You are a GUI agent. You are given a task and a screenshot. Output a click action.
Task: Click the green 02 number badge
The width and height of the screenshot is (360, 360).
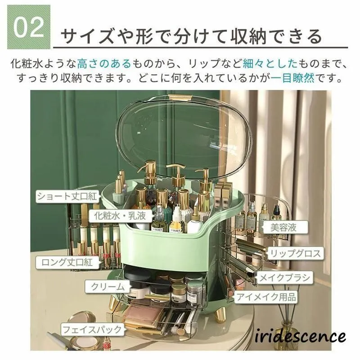pyautogui.click(x=29, y=27)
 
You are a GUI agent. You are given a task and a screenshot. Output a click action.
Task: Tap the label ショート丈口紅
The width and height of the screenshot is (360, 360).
pyautogui.click(x=67, y=196)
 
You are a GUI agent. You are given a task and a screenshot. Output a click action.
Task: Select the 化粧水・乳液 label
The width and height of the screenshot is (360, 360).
pyautogui.click(x=120, y=216)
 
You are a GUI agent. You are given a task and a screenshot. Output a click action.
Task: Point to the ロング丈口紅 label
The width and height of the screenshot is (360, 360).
pyautogui.click(x=67, y=262)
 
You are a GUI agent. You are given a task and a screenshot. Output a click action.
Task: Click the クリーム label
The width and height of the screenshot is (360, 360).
pyautogui.click(x=108, y=287)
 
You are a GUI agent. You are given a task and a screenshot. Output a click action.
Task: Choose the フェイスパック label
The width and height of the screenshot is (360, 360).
pyautogui.click(x=92, y=329)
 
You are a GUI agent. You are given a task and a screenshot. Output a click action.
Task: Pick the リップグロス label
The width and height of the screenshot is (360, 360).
pyautogui.click(x=295, y=253)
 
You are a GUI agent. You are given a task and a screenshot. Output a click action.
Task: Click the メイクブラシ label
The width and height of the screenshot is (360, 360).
pyautogui.click(x=284, y=278)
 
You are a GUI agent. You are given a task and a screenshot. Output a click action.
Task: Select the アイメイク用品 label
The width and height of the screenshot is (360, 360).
pyautogui.click(x=266, y=297)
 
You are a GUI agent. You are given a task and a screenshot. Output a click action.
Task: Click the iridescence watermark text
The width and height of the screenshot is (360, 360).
pyautogui.click(x=300, y=336)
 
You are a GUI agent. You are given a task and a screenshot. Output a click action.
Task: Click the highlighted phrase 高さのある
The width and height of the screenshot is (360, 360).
pyautogui.click(x=104, y=63)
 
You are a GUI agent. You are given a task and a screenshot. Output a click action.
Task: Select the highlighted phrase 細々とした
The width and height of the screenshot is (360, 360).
pyautogui.click(x=270, y=63)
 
